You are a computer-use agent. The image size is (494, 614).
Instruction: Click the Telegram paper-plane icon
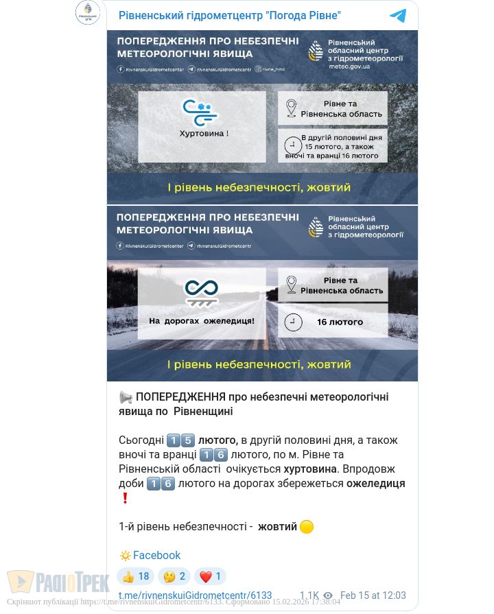pos(398,16)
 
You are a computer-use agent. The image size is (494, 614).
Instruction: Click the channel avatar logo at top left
pos(88,13)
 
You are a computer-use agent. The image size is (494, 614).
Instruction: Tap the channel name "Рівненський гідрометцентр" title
pos(230,15)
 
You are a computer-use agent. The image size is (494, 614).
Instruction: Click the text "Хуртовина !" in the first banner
pos(204,133)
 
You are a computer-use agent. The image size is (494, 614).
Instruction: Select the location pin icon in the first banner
pos(291,108)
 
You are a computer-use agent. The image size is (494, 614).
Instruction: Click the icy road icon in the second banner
pos(202,292)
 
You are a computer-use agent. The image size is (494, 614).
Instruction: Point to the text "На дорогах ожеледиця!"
pos(202,320)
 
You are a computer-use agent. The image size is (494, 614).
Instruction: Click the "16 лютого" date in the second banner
pos(340,322)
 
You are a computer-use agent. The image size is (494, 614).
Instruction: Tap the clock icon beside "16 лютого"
pos(293,322)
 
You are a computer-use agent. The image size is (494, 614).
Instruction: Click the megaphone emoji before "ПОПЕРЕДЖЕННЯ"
pos(126,397)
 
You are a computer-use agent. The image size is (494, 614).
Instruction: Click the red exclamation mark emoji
pos(125,498)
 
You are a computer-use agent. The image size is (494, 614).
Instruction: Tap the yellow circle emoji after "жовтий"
pos(307,527)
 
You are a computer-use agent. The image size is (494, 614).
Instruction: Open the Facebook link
pos(156,556)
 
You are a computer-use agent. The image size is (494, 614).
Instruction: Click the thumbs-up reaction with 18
pos(135,577)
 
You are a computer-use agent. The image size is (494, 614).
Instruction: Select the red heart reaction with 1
pos(209,577)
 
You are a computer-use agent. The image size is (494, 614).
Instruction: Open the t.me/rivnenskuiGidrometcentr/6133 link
pos(195,595)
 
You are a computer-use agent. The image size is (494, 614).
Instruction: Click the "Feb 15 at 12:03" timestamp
pos(373,595)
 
